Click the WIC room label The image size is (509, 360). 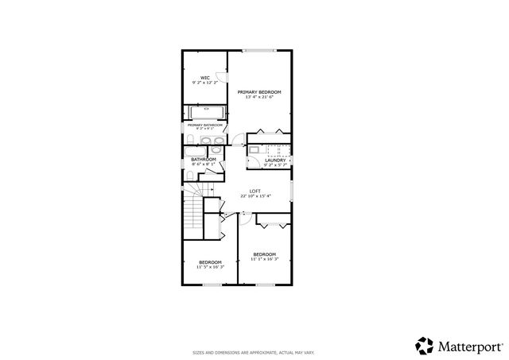204,77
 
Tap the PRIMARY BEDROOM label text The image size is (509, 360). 259,92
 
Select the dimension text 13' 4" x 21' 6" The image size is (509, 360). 259,98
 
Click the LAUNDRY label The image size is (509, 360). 275,160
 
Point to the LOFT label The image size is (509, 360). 254,191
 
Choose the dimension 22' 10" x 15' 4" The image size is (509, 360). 254,196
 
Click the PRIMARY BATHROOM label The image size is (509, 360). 204,124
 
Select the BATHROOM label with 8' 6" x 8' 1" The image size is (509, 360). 204,160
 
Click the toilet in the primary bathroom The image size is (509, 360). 191,141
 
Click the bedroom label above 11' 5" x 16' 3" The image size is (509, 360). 210,262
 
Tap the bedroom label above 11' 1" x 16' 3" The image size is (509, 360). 264,254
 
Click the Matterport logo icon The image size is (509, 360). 423,344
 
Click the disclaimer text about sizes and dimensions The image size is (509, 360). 254,352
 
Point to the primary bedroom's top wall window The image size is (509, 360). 258,51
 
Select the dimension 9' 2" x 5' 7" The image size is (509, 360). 275,165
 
